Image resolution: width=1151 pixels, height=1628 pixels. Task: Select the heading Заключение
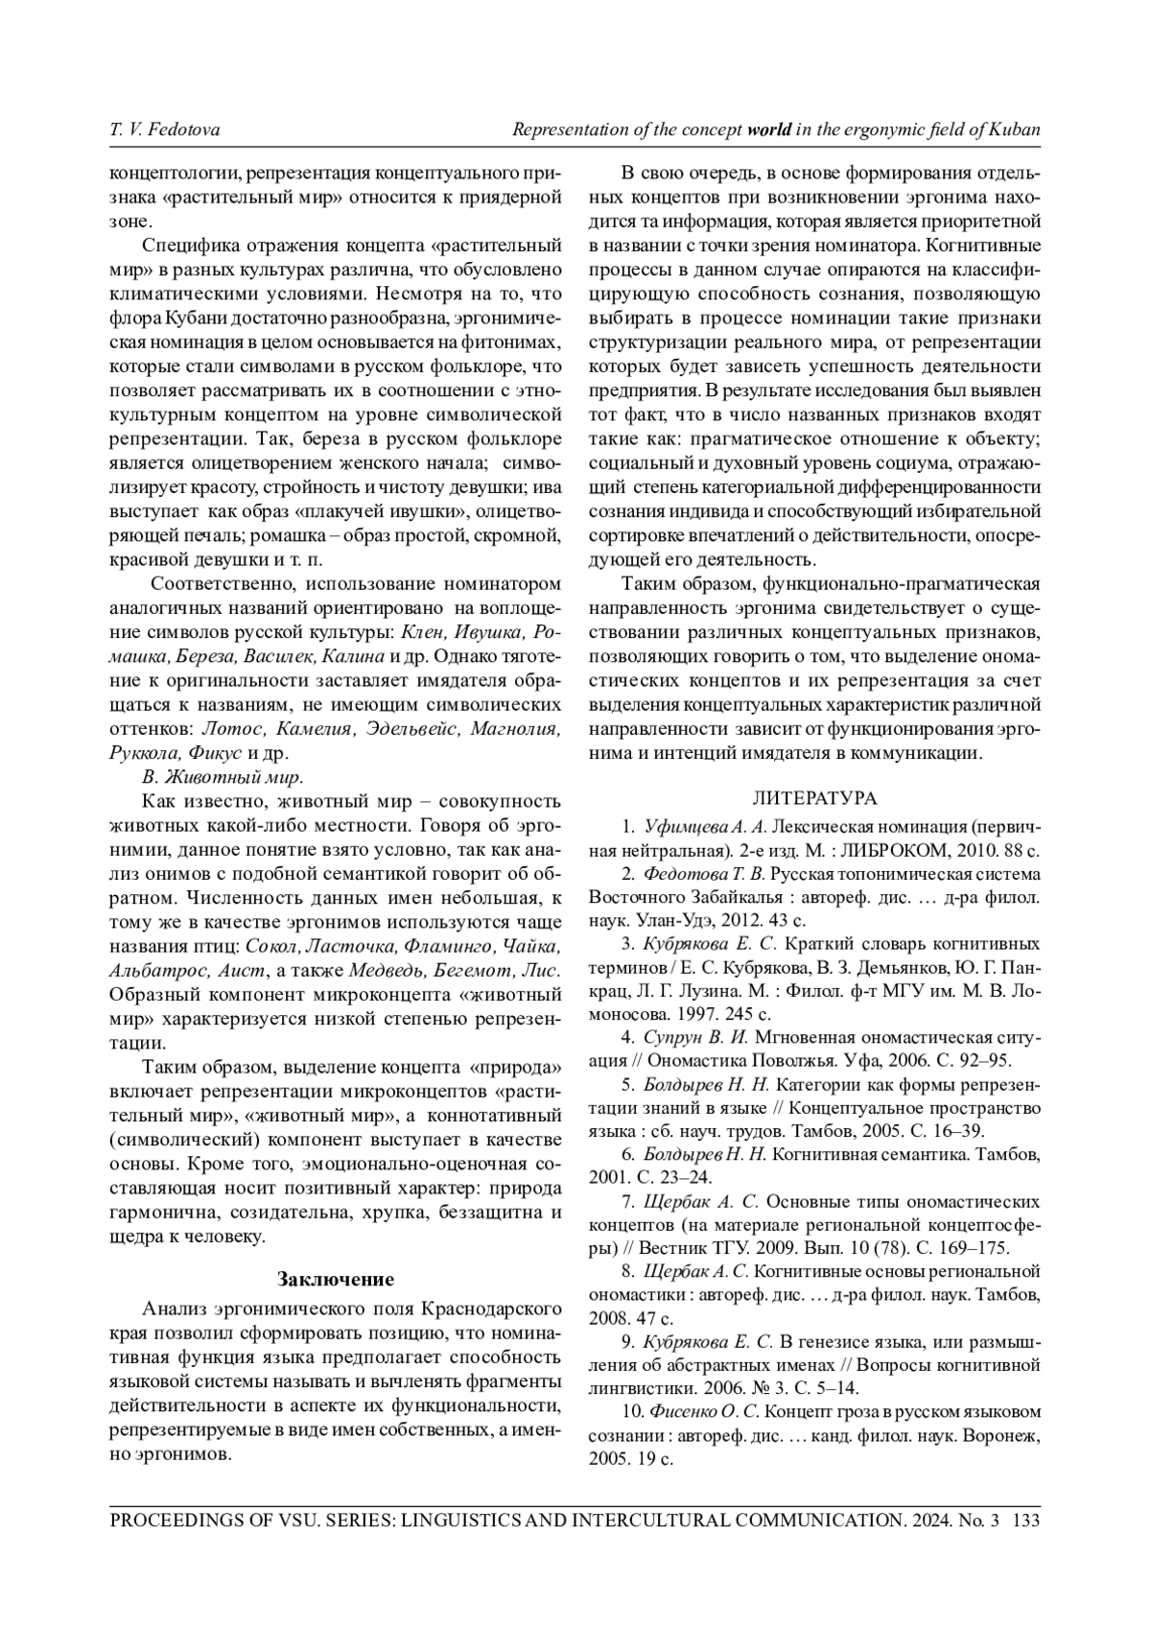336,1279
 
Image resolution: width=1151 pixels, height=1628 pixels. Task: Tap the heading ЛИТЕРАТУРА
814,798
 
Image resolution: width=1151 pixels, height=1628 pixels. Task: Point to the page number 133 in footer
1026,1521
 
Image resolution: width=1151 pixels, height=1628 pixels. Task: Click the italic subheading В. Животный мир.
223,776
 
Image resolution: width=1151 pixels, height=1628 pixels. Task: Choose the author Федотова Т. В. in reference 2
704,874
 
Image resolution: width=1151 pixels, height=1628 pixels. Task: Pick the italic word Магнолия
514,729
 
